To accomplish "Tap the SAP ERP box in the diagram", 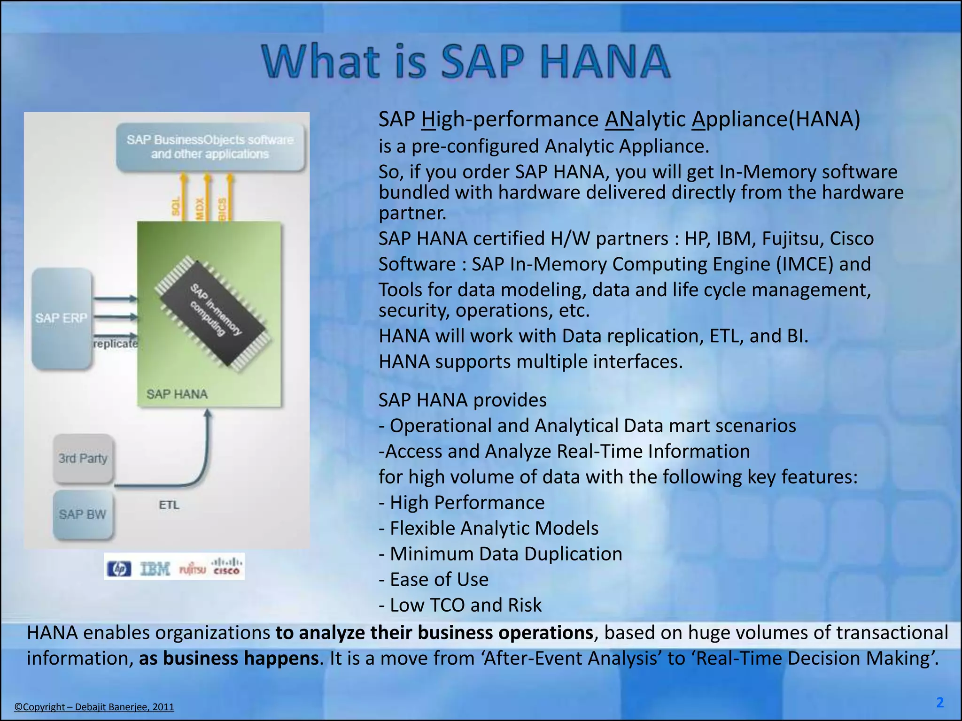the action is (x=62, y=318).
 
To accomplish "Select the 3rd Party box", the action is (x=83, y=458).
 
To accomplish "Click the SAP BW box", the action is (x=83, y=514).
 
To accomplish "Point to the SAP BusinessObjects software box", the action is (x=210, y=147).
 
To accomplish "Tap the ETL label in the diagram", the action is (x=169, y=505).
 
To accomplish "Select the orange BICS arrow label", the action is (x=222, y=208).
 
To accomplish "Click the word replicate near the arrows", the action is (x=115, y=344).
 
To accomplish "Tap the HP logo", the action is (x=119, y=569).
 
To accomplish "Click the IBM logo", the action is (x=155, y=569).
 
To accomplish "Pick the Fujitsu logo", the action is (x=193, y=570).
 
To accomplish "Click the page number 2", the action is (x=940, y=702).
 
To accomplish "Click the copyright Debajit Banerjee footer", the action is (x=94, y=707).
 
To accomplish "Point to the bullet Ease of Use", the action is (x=434, y=579).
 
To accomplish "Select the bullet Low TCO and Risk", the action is (x=460, y=605).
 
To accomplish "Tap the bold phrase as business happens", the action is (x=229, y=658).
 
